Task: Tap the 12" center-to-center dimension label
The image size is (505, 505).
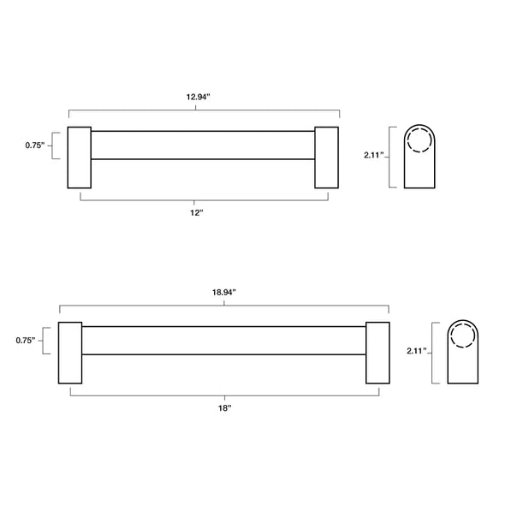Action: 197,212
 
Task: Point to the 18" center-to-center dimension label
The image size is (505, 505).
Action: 225,407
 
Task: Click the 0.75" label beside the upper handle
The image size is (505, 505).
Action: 34,145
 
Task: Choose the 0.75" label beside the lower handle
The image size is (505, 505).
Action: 26,340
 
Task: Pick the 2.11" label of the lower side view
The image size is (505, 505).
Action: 419,351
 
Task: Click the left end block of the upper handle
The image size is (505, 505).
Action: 80,157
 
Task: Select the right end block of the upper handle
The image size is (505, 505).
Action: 327,157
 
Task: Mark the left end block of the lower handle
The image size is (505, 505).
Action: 69,353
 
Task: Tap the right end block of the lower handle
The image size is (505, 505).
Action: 377,353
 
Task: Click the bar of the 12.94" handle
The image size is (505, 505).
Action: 203,145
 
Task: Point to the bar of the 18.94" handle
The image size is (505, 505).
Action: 223,340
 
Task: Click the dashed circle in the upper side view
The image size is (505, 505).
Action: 419,140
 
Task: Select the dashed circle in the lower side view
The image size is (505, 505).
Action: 463,335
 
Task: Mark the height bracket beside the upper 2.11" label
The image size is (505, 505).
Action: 390,157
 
